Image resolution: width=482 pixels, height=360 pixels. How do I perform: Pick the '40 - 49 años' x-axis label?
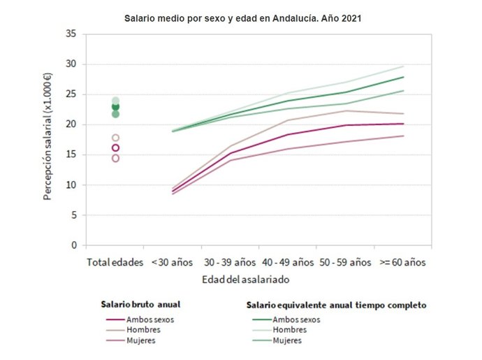coord(287,263)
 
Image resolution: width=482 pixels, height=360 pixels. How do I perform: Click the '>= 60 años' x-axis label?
coord(402,263)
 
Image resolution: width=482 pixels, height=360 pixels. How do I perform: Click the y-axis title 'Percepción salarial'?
coord(48,140)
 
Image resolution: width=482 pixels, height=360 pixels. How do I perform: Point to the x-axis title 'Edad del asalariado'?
coord(247,278)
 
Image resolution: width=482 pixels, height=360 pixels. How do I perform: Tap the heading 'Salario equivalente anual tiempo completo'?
coord(336,305)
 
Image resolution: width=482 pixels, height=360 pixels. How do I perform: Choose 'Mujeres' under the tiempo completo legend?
coord(287,340)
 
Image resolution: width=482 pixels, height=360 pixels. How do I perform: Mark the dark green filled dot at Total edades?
coord(115,107)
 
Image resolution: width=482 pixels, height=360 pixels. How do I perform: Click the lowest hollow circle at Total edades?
coord(115,158)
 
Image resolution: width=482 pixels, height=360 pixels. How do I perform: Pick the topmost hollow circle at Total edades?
coord(115,138)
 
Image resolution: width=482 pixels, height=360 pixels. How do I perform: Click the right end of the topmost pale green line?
coord(404,66)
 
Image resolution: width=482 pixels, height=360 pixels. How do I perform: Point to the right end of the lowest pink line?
coord(404,136)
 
